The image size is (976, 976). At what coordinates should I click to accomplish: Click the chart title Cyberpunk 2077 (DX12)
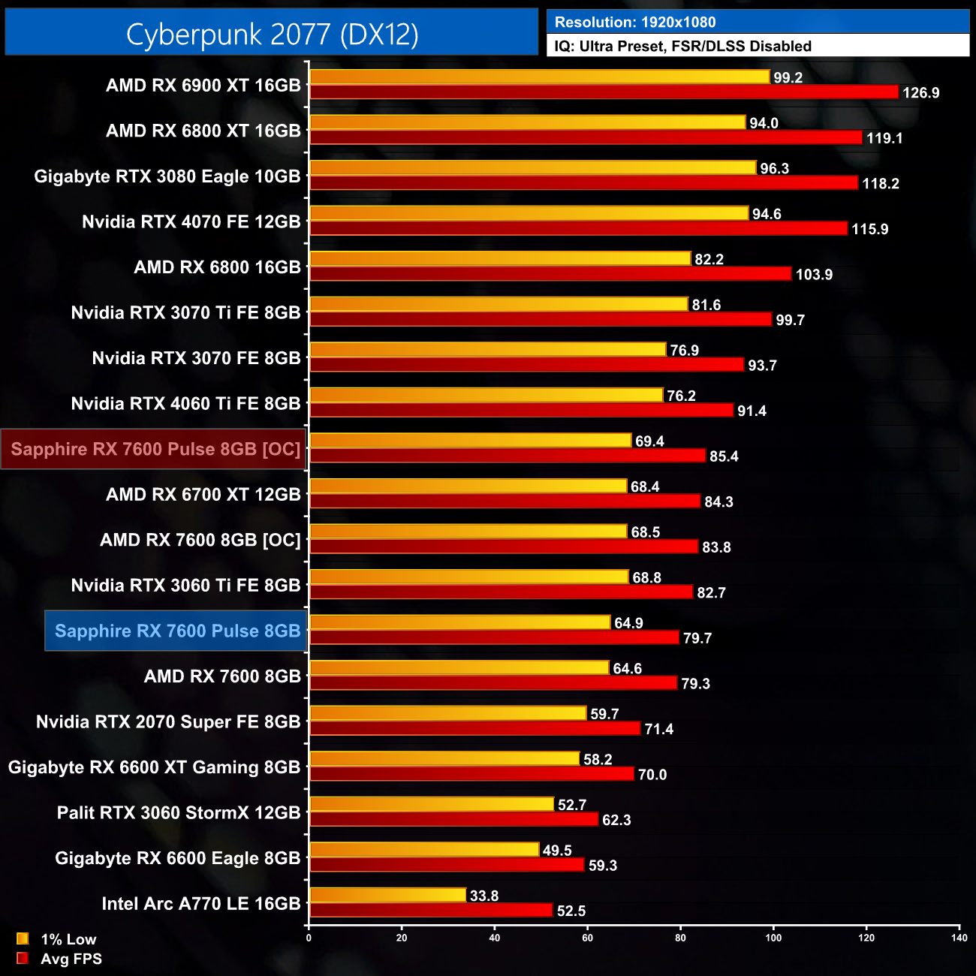pos(272,34)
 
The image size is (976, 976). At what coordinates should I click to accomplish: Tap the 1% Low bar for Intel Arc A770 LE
pos(387,895)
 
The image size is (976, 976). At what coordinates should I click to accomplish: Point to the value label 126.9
pos(920,93)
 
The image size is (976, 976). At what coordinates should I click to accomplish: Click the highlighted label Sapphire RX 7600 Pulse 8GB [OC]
pos(155,449)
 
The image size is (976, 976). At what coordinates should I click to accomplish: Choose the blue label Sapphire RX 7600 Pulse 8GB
pos(177,631)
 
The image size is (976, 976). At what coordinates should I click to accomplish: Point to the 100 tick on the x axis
pos(773,937)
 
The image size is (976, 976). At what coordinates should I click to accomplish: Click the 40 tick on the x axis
pos(495,937)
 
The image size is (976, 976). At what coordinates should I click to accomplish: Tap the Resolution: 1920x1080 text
pos(635,23)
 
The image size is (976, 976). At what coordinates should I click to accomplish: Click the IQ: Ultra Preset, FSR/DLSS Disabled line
pos(682,47)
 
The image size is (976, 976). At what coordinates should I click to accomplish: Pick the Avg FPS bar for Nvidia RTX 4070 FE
pos(578,228)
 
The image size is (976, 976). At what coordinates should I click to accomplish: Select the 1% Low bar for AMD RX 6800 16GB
pos(500,258)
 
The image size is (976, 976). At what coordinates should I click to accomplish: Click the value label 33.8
pos(483,896)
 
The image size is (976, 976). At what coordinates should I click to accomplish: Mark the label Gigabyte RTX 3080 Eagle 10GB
pos(167,176)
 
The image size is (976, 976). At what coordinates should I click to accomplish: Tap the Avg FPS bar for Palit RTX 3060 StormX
pos(453,819)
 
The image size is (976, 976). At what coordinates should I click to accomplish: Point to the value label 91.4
pos(752,411)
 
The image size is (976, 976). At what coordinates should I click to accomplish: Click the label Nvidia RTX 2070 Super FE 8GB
pos(168,721)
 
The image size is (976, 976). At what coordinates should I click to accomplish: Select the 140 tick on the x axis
pos(959,937)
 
